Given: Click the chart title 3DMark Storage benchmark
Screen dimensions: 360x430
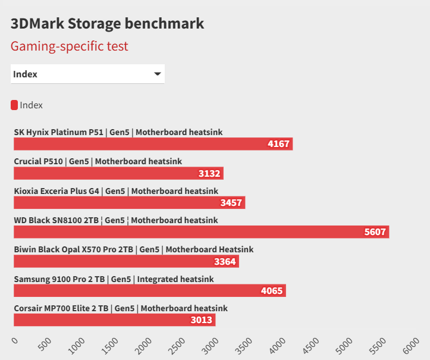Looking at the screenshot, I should pos(108,23).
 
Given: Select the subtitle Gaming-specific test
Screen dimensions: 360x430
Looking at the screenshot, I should pos(70,46).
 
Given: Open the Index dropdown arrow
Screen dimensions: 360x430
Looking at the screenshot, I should pos(158,74).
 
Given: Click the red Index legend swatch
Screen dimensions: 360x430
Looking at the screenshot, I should pos(14,105).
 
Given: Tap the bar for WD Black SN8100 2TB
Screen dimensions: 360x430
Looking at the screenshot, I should pos(201,232).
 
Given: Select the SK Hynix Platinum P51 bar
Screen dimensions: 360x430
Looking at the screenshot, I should pos(153,144).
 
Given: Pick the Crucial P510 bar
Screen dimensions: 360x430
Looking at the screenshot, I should pos(118,173).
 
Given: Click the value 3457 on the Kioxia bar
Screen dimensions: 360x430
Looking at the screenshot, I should pos(231,203).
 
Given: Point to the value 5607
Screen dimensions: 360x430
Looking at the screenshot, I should pos(375,232).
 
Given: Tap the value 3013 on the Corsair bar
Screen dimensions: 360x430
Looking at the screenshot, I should pos(202,320).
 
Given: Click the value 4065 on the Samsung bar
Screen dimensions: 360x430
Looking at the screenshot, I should pos(272,291).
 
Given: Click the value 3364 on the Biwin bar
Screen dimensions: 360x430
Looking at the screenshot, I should pos(225,261).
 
